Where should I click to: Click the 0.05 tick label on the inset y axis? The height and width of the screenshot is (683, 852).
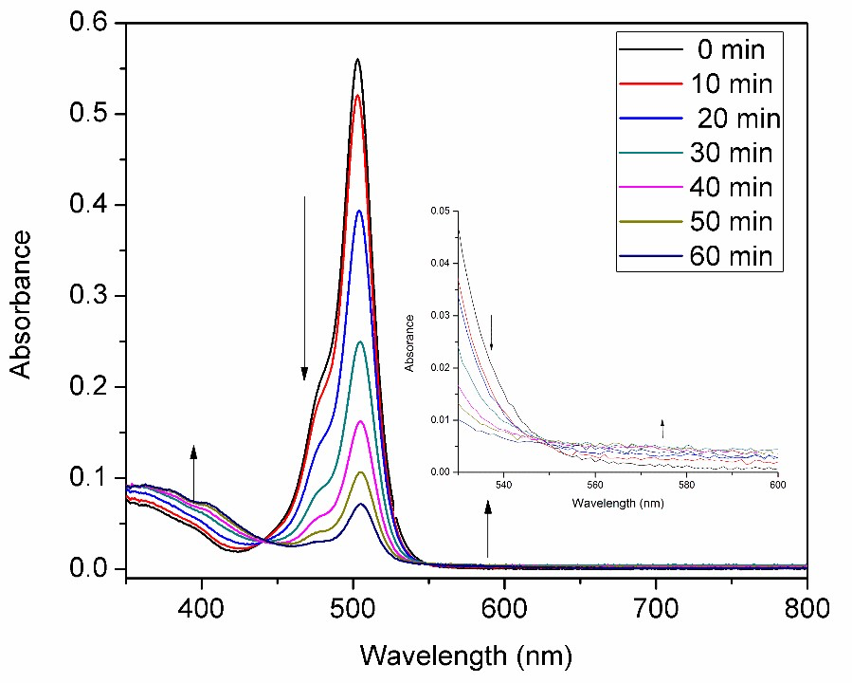click(x=442, y=209)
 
